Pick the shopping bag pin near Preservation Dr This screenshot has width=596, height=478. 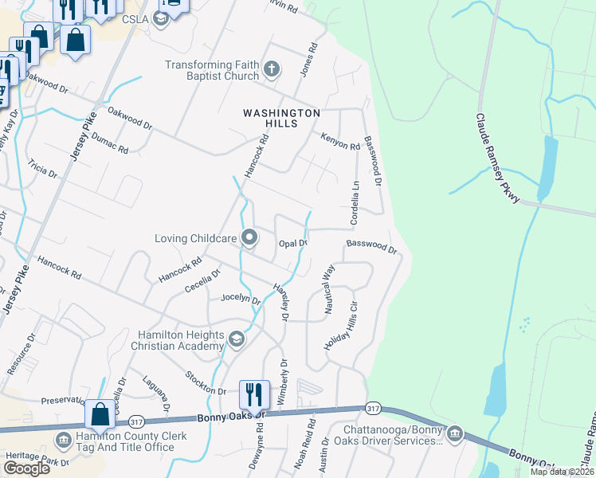(100, 414)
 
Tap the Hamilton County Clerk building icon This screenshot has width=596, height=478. (63, 441)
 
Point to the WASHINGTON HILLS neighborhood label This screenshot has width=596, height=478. (281, 119)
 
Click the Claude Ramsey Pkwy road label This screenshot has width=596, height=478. (497, 158)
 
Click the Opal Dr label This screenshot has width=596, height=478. (292, 243)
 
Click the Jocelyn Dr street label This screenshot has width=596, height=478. (240, 300)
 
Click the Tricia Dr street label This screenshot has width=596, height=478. (42, 169)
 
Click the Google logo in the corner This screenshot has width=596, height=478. (26, 468)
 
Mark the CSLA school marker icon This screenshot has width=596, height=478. (160, 19)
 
